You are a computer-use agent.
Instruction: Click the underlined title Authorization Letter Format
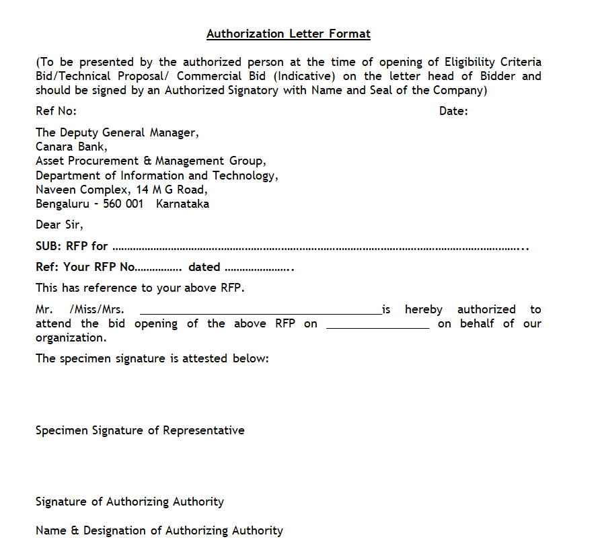click(x=288, y=34)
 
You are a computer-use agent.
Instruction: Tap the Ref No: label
click(x=56, y=111)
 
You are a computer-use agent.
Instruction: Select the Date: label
click(x=453, y=111)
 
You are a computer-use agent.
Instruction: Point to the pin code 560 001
click(x=124, y=204)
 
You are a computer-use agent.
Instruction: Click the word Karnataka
click(x=182, y=204)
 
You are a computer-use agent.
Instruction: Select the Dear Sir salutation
click(x=59, y=225)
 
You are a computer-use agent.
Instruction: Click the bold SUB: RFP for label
click(x=71, y=246)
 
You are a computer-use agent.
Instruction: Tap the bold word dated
click(x=204, y=267)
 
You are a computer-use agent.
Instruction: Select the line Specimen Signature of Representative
click(x=140, y=430)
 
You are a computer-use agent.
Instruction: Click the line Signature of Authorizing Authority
click(x=130, y=502)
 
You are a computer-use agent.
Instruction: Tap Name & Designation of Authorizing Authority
click(x=159, y=530)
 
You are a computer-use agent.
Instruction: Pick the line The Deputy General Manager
click(x=117, y=132)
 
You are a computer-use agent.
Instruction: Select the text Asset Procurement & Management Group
click(x=150, y=161)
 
